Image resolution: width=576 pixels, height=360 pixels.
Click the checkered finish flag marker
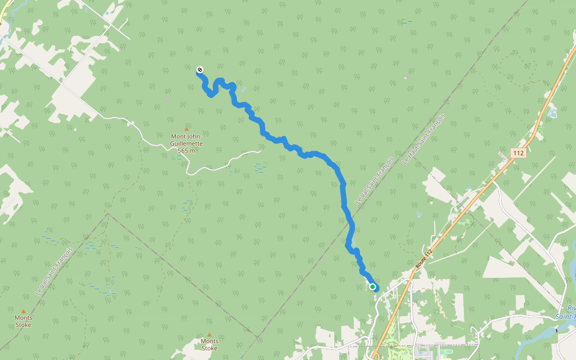tap(200, 70)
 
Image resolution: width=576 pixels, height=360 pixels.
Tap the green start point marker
tap(373, 287)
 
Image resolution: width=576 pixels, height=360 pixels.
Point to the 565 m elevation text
tap(187, 151)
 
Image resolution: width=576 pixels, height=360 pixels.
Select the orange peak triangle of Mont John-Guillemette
tap(187, 129)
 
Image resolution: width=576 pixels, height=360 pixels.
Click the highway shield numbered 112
tap(519, 154)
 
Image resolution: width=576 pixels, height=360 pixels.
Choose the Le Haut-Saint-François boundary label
tap(425, 139)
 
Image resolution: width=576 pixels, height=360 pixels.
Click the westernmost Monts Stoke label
tap(23, 321)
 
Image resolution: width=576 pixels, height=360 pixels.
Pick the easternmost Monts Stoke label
tap(209, 344)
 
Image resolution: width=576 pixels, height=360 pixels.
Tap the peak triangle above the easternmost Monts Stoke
tap(209, 335)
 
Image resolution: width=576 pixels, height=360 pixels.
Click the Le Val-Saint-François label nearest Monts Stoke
tap(54, 270)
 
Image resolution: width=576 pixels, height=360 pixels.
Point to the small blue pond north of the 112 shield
tap(552, 113)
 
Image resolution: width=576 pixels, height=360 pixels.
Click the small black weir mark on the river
tap(556, 329)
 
